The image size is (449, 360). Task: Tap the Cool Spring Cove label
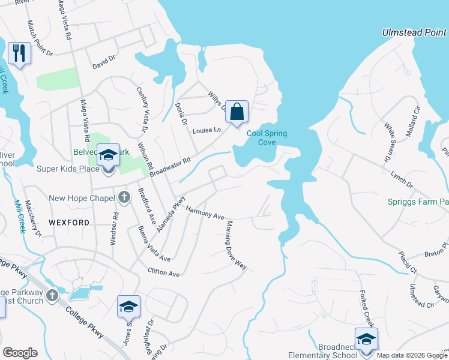click(267, 137)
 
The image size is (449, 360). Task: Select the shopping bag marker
click(237, 111)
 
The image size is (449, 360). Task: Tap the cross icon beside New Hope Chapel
click(124, 197)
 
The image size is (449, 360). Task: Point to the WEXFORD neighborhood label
click(69, 223)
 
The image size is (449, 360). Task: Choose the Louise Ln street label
click(206, 130)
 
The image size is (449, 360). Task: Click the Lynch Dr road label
click(401, 179)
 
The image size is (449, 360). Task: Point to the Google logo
click(20, 353)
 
